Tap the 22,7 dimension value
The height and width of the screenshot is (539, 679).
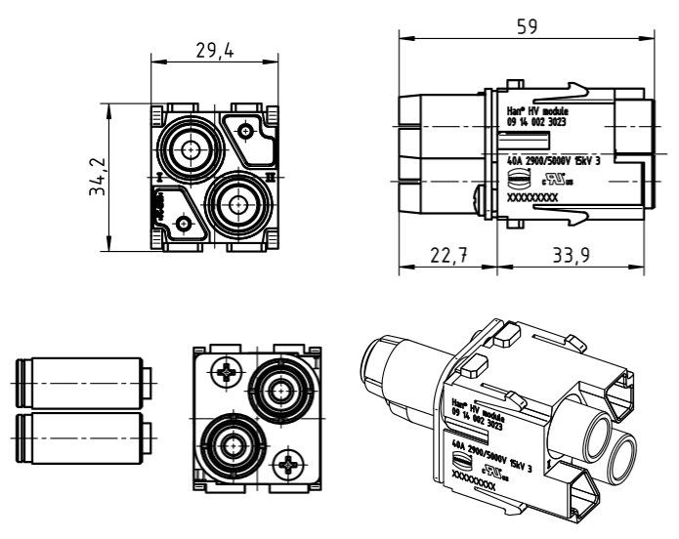449,257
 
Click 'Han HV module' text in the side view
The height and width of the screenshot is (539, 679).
533,113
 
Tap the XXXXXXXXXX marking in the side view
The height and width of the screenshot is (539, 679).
532,196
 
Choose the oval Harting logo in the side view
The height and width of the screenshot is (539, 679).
519,178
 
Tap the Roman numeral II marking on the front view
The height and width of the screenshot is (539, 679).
271,177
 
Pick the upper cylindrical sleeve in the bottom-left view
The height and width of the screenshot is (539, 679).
81,379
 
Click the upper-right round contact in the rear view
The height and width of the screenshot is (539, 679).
282,391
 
